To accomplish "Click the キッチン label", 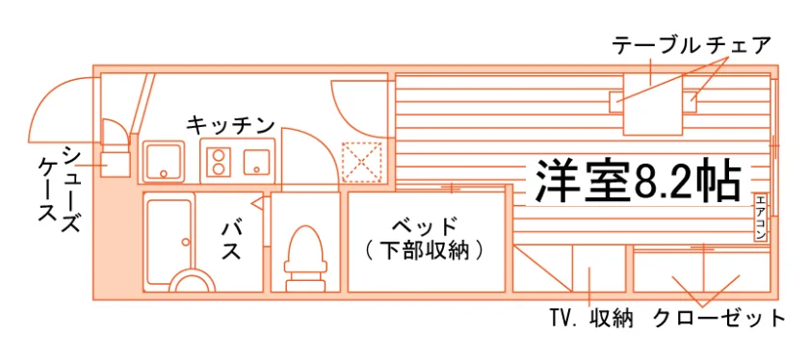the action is (x=230, y=124).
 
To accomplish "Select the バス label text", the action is (x=231, y=241).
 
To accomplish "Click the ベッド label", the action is (x=425, y=226).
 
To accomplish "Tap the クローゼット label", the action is (x=718, y=319).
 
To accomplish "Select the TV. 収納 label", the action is (x=591, y=319).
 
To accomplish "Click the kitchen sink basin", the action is (x=163, y=162).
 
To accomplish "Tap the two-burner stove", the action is (x=219, y=162).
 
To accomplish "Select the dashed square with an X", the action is (x=362, y=162).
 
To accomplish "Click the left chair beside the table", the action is (x=616, y=102).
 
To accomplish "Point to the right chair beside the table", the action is (x=690, y=102).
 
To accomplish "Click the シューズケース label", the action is (x=60, y=190).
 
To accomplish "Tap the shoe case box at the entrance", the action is (x=115, y=164).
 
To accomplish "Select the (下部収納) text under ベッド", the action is (x=425, y=250).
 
